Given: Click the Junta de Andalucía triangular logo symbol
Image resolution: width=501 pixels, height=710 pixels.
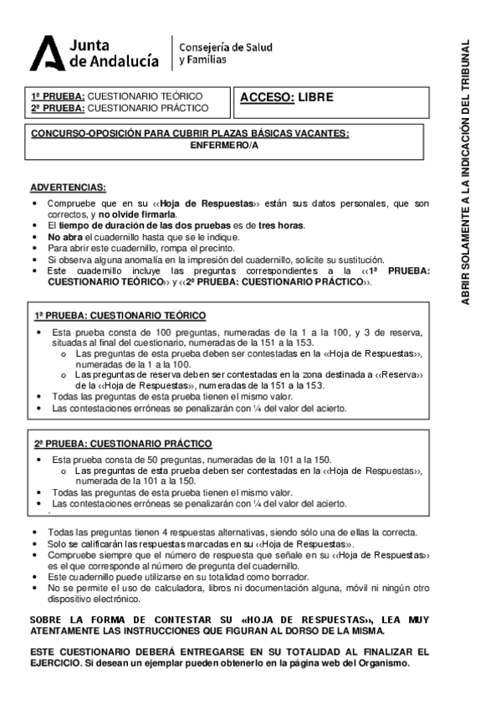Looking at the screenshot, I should coord(47,54).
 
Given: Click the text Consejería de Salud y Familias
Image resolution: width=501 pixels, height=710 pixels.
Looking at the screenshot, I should coord(226,54).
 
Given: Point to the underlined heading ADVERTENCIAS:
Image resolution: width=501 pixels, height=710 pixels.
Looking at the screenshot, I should coord(68,187).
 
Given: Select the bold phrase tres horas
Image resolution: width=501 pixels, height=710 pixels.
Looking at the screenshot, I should coord(281,226).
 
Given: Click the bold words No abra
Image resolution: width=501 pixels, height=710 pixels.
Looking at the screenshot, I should coord(64,237).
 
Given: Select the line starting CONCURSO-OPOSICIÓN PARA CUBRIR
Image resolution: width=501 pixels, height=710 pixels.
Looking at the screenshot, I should coord(190,134).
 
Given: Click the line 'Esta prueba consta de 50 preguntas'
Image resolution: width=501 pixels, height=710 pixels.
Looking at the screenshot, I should coord(191,460).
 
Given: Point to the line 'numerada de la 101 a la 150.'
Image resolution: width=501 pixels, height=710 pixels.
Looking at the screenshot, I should coord(136,481).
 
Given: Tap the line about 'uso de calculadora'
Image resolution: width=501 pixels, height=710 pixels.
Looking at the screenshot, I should coord(238,589).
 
